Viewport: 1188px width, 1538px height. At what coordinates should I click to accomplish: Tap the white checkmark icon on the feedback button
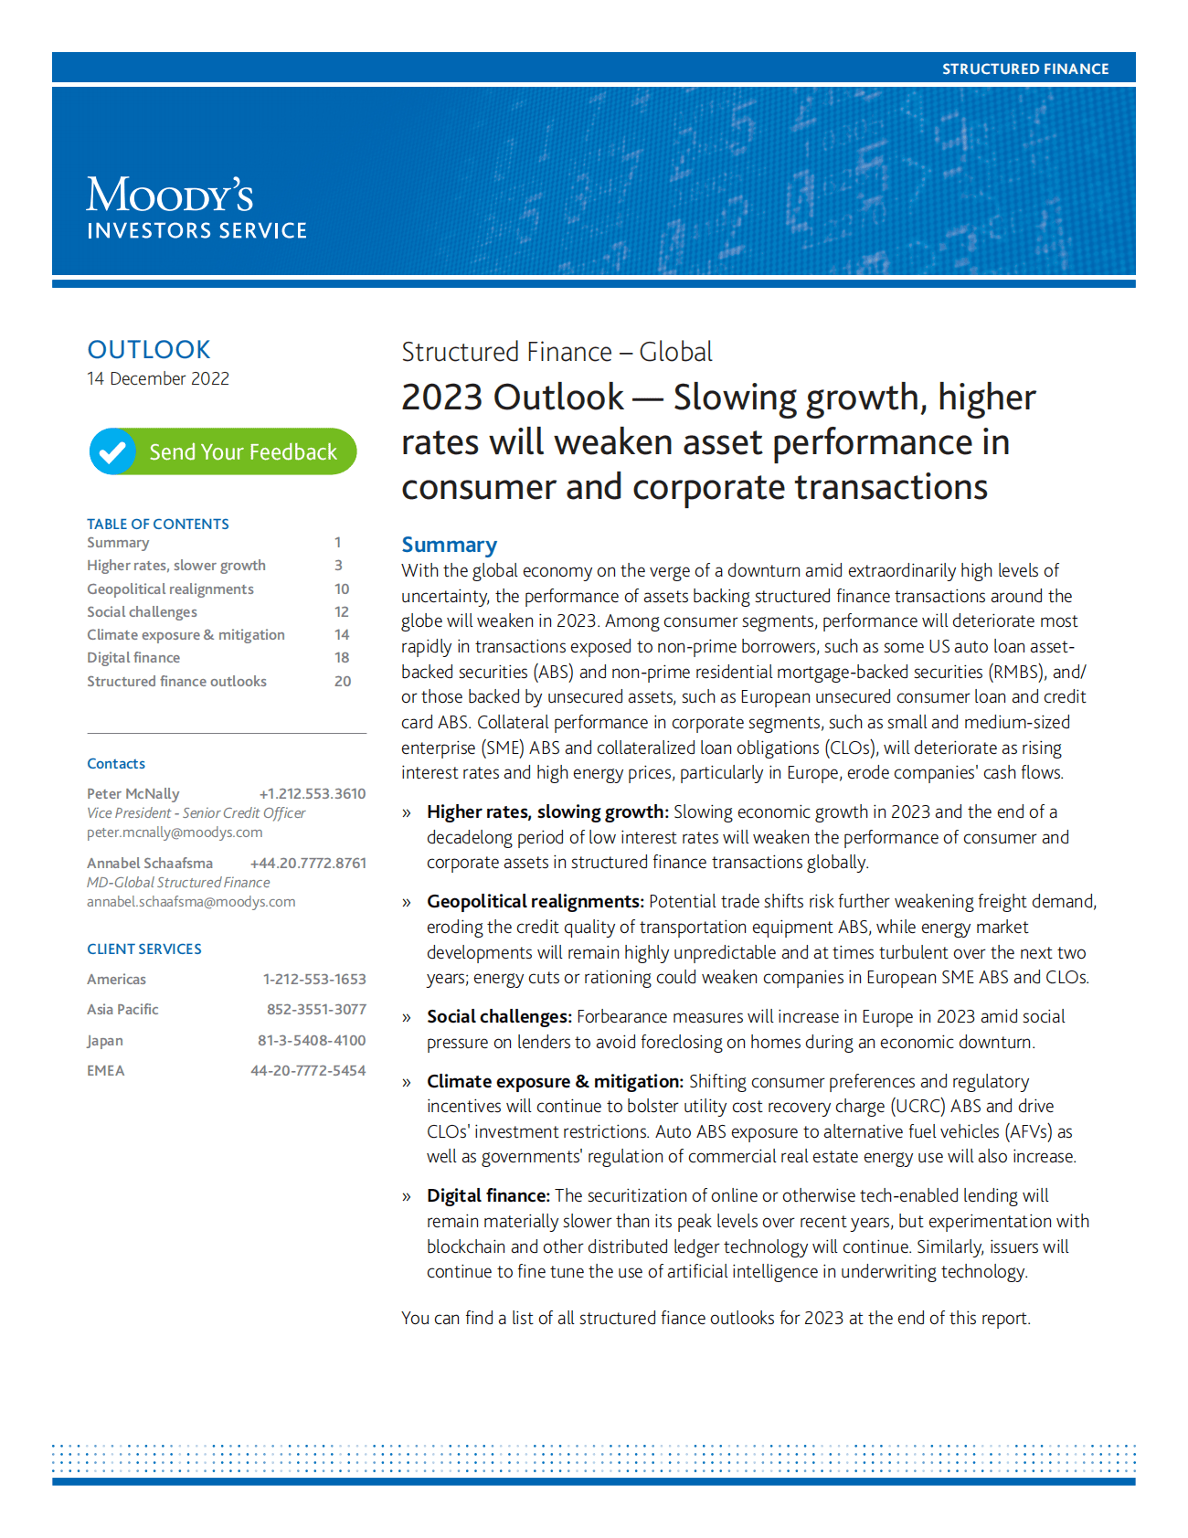112,451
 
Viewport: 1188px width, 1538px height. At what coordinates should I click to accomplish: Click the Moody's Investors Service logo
196,207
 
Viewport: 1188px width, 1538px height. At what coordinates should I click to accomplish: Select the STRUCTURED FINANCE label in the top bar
1024,69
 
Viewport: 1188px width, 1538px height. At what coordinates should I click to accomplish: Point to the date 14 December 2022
158,378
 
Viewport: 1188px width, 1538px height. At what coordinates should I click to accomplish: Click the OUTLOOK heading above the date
149,349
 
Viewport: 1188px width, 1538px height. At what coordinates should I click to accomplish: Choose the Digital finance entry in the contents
133,657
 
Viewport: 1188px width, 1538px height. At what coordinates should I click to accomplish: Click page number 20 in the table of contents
343,681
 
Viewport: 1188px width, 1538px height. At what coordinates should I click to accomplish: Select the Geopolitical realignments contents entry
170,589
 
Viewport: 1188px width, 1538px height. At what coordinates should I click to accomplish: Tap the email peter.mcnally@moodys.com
175,832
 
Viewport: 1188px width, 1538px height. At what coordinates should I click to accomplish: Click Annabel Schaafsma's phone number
308,863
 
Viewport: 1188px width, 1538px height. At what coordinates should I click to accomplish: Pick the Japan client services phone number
312,1040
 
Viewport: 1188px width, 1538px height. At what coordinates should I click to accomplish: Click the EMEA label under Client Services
106,1070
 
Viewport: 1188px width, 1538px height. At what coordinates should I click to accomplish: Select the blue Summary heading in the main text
449,545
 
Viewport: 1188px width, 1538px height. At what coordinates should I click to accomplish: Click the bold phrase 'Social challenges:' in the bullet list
499,1016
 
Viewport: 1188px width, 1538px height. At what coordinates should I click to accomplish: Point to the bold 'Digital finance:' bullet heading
488,1195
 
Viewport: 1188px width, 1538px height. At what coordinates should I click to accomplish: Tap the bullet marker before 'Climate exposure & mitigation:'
407,1082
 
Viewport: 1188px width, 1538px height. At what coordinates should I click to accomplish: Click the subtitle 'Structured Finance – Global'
557,352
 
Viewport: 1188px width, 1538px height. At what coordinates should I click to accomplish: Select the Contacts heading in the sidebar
116,763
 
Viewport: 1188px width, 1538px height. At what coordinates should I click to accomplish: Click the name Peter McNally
133,793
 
